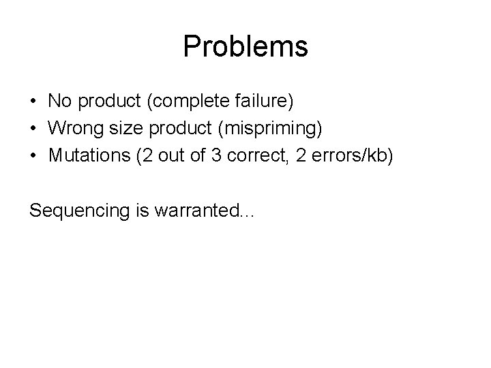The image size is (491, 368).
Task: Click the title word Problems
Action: point(245,47)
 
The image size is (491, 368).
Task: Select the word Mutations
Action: point(88,156)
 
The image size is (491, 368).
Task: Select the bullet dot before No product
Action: point(33,102)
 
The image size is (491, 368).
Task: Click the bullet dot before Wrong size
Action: point(33,129)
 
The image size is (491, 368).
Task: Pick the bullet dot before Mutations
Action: point(33,156)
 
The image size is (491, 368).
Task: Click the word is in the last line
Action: point(144,211)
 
